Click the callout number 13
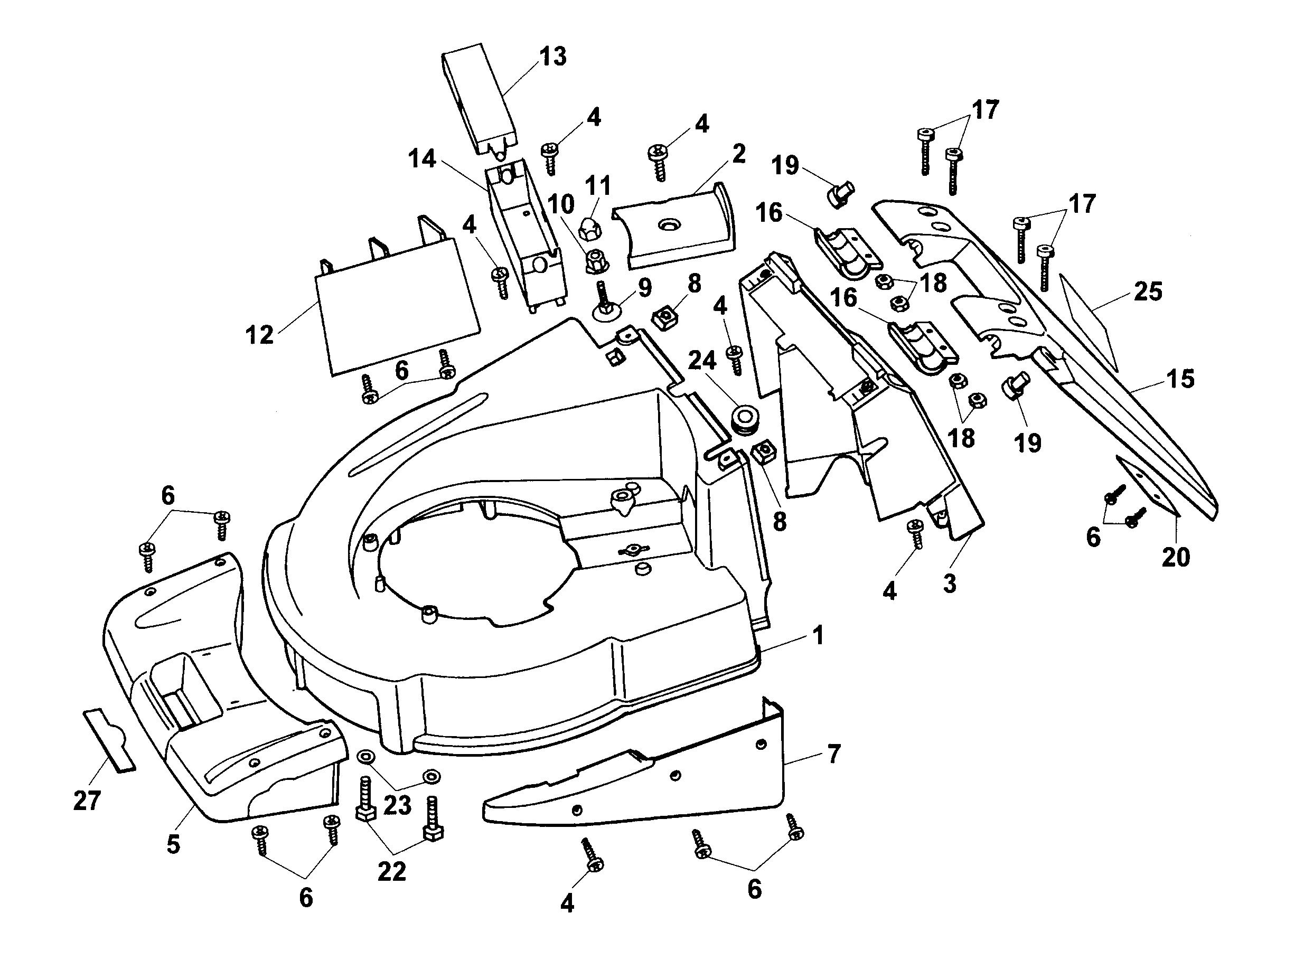click(552, 57)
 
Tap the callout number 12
click(260, 335)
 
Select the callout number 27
click(87, 801)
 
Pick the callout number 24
click(702, 360)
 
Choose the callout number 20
click(1176, 557)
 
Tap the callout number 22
click(392, 872)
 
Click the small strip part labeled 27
click(109, 739)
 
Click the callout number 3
click(949, 583)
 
